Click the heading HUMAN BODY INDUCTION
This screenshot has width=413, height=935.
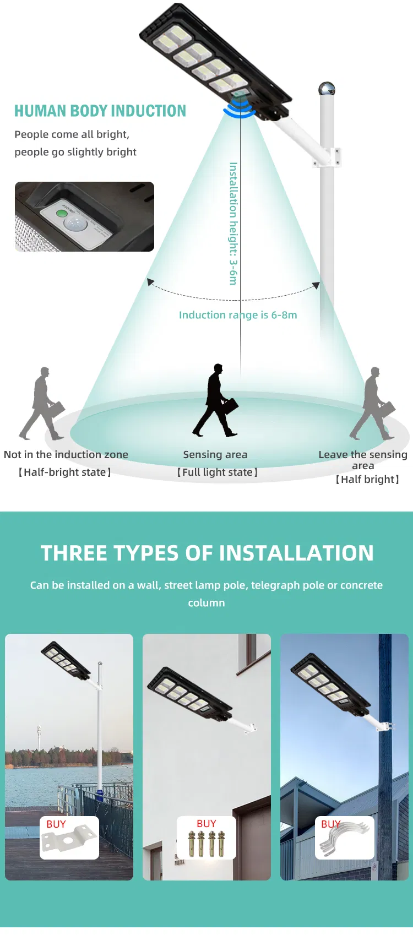pos(100,111)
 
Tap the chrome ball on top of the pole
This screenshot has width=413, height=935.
pos(327,89)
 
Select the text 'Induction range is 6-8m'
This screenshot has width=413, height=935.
pos(238,315)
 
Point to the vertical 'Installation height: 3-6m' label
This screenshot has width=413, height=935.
pos(233,223)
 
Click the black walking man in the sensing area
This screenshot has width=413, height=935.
pos(216,400)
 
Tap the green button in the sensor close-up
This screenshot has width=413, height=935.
pos(62,213)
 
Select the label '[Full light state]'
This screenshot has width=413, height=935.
pos(217,472)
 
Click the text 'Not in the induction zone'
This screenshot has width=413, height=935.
pos(66,455)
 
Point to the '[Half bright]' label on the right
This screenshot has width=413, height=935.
pos(367,480)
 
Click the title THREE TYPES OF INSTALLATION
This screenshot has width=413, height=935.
pos(207,553)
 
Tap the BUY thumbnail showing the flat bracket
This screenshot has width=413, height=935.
pos(69,838)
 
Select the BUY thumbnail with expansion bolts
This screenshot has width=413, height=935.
pos(206,838)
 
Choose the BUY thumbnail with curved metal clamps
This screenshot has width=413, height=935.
pos(345,838)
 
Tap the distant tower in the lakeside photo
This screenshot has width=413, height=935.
pos(39,737)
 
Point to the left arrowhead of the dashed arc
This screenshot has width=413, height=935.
pos(150,282)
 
